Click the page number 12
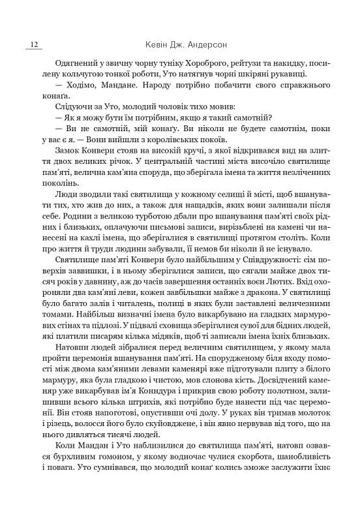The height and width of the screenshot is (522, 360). tap(33, 45)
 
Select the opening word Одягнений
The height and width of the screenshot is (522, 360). tap(70, 63)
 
